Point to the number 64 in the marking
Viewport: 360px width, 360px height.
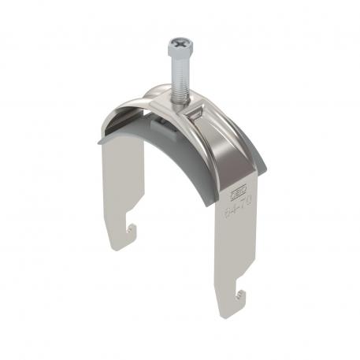(229, 210)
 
